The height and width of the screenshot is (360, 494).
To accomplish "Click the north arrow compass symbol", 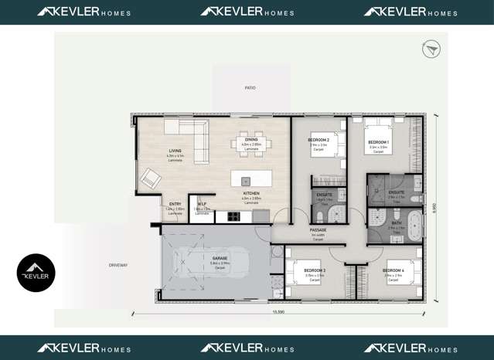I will [x=431, y=49].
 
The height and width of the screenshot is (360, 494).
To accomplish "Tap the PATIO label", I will [x=250, y=88].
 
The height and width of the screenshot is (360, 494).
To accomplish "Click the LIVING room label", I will [x=175, y=151].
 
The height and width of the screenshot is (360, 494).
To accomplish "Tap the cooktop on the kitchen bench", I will [x=230, y=217].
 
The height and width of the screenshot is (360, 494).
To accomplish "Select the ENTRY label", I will [x=175, y=204].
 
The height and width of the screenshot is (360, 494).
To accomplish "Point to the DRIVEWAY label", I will [x=118, y=265].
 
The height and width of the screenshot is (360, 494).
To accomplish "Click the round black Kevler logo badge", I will [x=36, y=273].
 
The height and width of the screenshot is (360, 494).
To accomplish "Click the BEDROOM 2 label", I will [x=319, y=140].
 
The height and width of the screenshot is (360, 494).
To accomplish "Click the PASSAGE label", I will [x=318, y=230].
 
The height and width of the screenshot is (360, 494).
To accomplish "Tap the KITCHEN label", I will [x=251, y=194].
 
